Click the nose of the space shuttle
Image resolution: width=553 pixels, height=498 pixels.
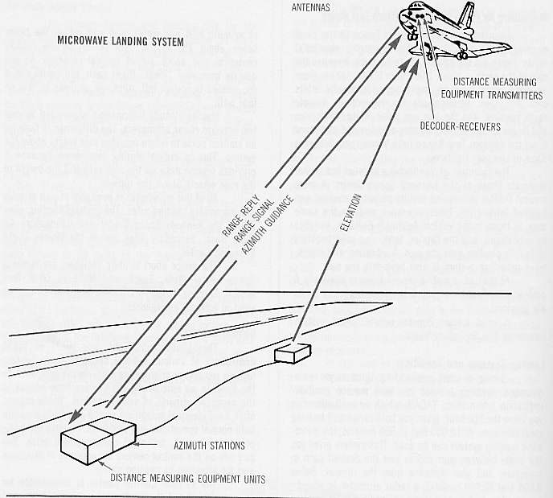404,14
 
